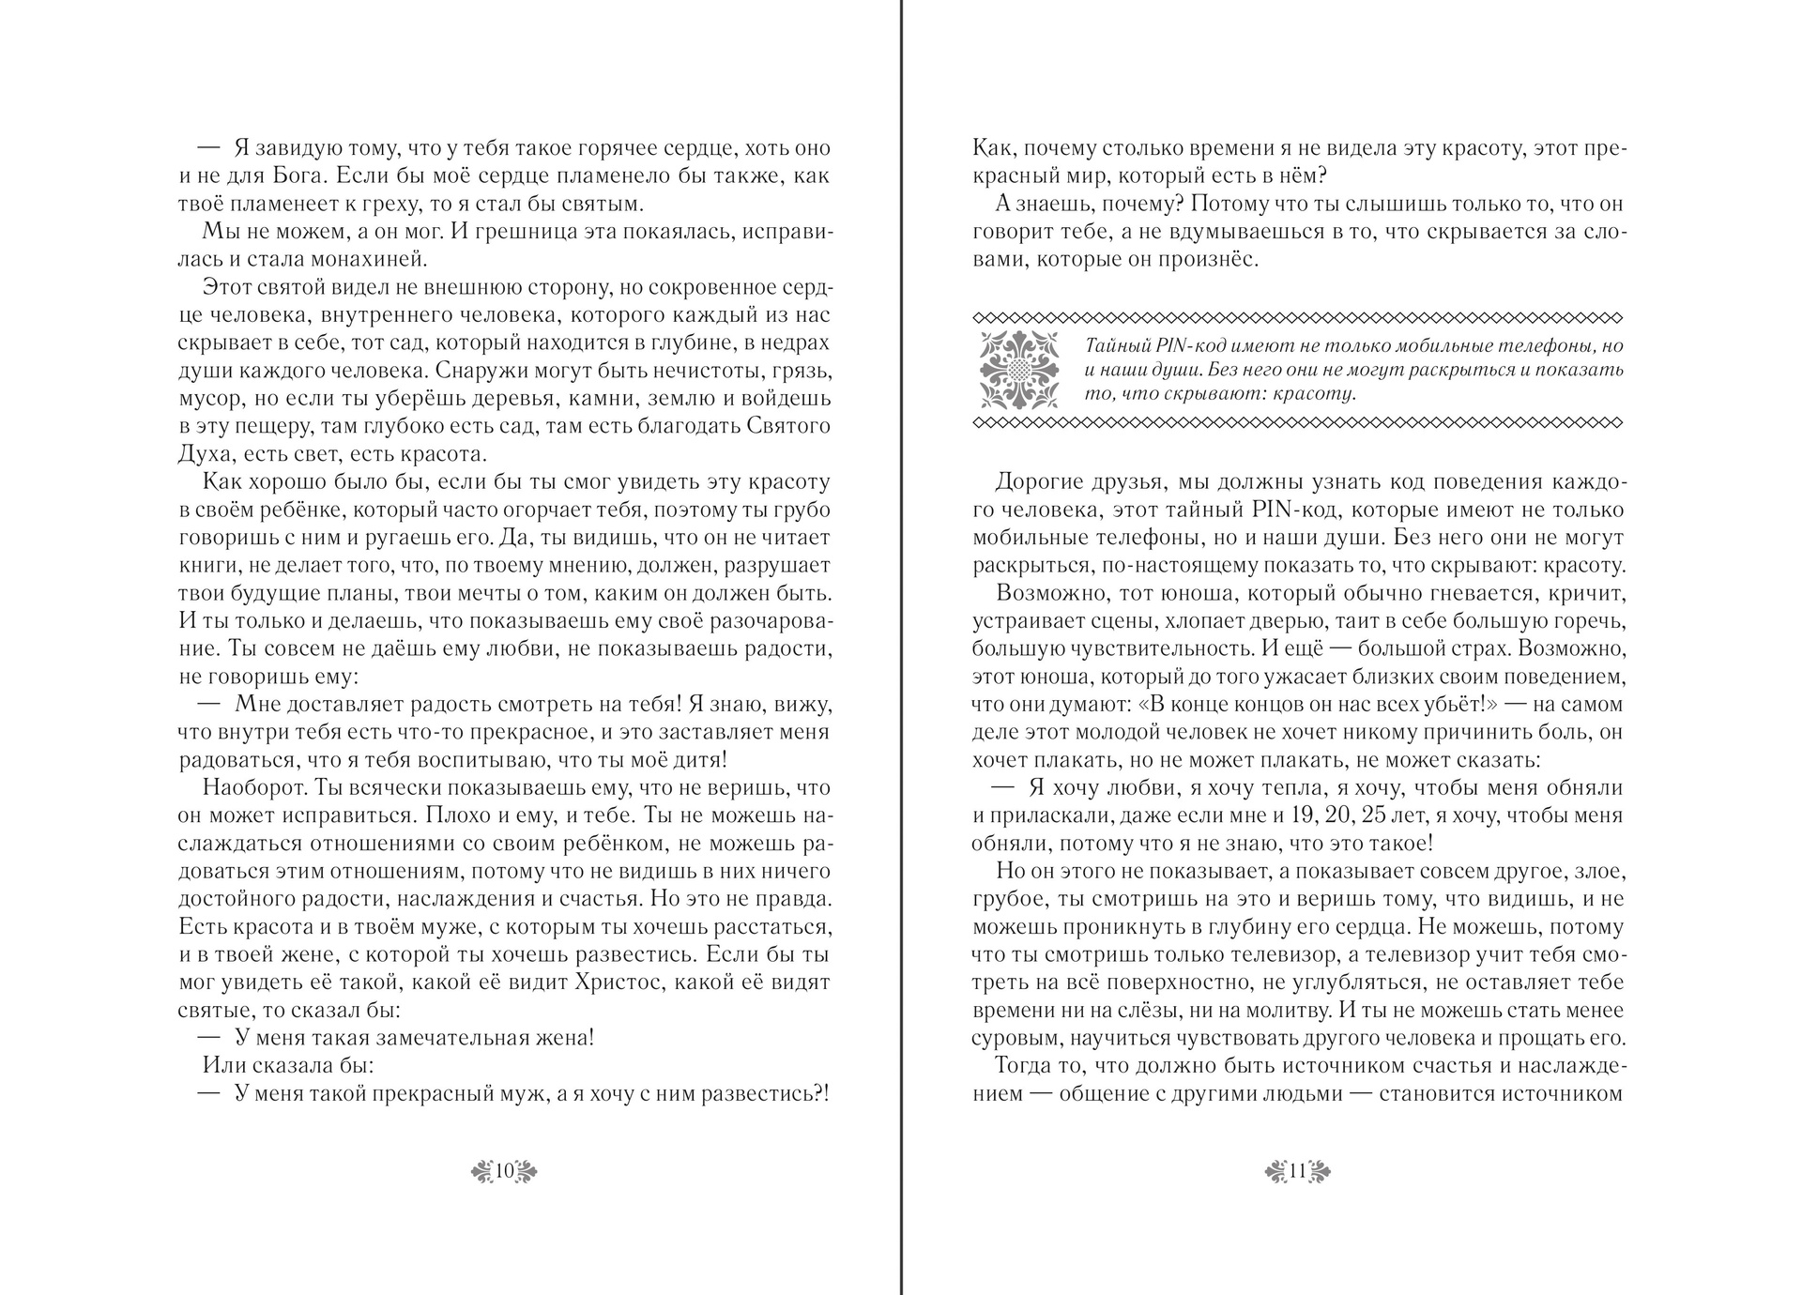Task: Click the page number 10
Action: tap(504, 1171)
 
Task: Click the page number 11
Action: tap(1298, 1171)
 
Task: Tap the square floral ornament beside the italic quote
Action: tap(1019, 369)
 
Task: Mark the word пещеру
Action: tap(275, 426)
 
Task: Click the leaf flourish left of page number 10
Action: tap(481, 1171)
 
